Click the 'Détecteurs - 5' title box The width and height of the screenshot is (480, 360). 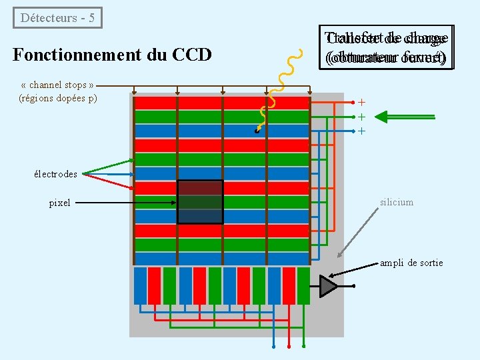pos(58,18)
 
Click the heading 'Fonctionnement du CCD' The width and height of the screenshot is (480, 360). pos(112,54)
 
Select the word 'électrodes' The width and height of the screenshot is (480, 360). pos(55,174)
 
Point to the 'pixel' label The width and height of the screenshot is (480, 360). pos(59,203)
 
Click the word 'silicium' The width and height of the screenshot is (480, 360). pos(397,202)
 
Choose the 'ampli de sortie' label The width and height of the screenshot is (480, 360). pos(411,263)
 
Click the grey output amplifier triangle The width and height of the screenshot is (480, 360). pos(329,285)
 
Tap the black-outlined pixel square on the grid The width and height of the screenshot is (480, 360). pos(200,201)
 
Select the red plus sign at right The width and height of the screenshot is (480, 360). pos(362,103)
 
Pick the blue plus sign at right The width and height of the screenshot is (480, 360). pos(362,131)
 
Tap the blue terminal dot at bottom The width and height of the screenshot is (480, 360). pos(274,347)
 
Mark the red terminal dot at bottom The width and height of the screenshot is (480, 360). pos(289,347)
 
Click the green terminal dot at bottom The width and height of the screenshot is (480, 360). pos(304,347)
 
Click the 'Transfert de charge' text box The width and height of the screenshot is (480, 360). pos(386,47)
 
